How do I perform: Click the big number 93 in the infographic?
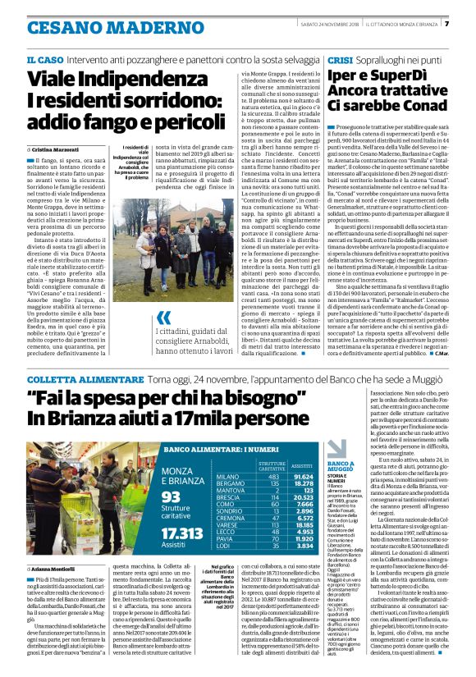coord(171,496)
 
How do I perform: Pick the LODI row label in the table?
coord(222,545)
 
